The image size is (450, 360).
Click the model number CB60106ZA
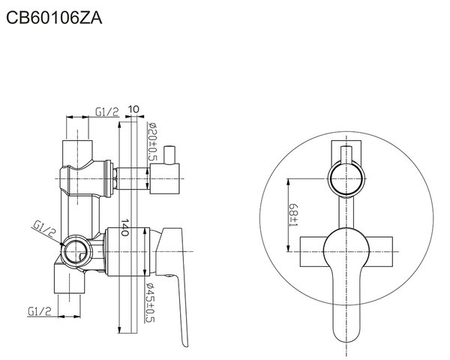[54, 18]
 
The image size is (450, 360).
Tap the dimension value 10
[133, 109]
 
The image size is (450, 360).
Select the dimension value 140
[124, 227]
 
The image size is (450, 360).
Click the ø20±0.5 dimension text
[152, 141]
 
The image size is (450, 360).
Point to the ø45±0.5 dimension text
[150, 302]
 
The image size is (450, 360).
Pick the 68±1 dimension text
[293, 215]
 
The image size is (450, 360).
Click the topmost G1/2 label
[106, 112]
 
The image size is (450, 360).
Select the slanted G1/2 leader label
[43, 229]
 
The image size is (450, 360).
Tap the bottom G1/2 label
[40, 311]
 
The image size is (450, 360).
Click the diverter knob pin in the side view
[169, 155]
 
